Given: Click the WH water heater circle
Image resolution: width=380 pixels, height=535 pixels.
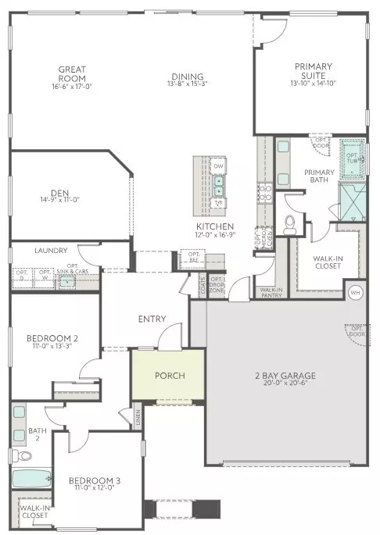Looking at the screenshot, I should [355, 292].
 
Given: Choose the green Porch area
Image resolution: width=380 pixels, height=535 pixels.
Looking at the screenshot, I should [170, 376].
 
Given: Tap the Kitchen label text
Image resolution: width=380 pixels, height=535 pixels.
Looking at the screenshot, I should [211, 227].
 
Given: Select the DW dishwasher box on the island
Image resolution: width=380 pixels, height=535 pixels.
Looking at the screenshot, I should [219, 167].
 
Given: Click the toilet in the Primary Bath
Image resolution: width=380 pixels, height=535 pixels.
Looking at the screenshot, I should [289, 224].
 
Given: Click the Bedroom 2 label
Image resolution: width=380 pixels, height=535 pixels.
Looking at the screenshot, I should [52, 338].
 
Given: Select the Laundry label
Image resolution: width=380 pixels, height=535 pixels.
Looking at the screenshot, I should [51, 251].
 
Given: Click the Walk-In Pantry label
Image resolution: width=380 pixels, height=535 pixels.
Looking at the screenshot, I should [271, 292].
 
